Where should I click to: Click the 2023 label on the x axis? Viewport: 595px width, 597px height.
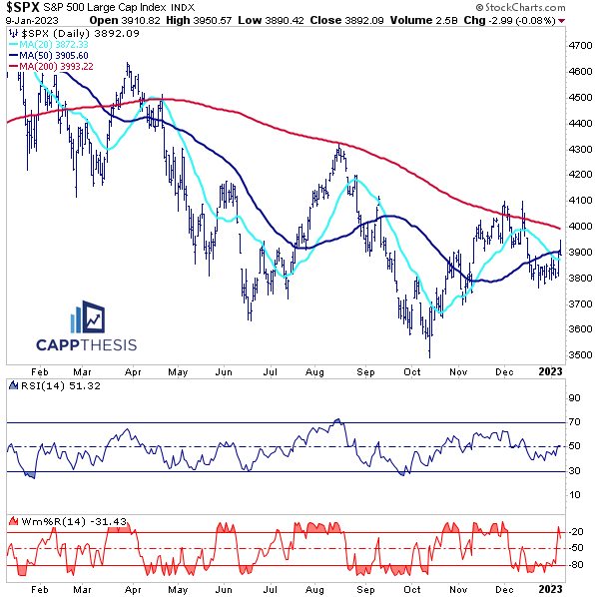(x=551, y=371)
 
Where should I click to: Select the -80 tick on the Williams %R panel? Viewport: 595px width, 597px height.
(x=575, y=566)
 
